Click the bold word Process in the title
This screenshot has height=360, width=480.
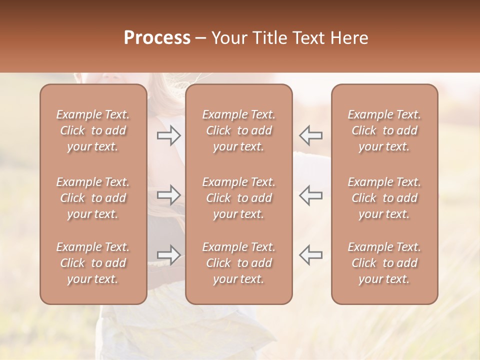click(157, 38)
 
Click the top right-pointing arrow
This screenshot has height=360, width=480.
click(168, 135)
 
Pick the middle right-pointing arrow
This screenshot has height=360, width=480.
click(168, 195)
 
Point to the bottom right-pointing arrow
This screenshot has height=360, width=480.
click(168, 255)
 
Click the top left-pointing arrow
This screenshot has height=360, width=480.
click(311, 135)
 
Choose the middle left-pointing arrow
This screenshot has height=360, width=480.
click(311, 195)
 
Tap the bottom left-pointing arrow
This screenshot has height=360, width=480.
click(311, 255)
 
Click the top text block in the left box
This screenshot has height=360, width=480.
click(93, 130)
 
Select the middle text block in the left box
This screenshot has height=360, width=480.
click(93, 198)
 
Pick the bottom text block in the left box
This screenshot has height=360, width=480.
click(93, 263)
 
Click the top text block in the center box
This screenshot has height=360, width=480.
click(238, 130)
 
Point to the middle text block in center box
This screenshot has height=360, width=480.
click(238, 198)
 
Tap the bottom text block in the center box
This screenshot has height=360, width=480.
click(238, 263)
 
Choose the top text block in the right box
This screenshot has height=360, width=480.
click(384, 130)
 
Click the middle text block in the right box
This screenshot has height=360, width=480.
click(384, 198)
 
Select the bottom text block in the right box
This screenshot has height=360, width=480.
click(384, 263)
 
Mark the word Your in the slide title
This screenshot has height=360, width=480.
click(229, 38)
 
